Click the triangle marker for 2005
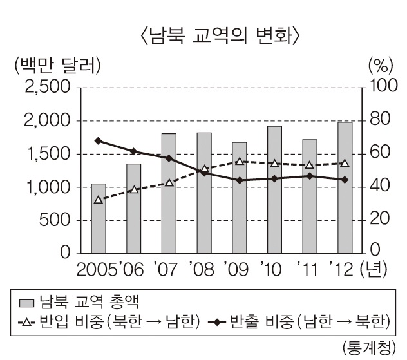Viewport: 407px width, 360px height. point(98,200)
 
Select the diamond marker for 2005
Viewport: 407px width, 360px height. point(98,140)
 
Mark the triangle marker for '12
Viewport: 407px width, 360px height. point(345,164)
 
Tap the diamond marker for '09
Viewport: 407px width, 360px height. point(240,180)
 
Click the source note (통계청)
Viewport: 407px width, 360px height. point(365,347)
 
